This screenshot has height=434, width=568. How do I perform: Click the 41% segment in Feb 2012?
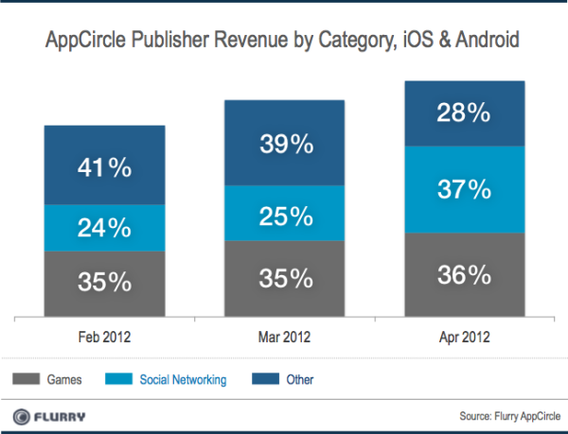(x=104, y=171)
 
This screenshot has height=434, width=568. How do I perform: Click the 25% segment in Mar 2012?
(x=285, y=214)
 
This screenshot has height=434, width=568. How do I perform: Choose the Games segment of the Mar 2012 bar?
(x=285, y=279)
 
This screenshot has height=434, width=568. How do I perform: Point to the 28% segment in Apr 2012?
(x=464, y=113)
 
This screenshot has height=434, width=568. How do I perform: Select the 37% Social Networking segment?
(x=464, y=189)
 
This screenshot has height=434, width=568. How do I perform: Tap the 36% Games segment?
(x=464, y=274)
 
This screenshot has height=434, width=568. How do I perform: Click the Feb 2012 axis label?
(x=104, y=336)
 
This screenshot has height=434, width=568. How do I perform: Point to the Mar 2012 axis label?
(x=285, y=336)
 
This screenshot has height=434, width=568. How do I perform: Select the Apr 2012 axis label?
(x=464, y=336)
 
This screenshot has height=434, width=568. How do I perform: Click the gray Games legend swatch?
(x=27, y=380)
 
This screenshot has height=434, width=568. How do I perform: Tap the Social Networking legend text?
(x=183, y=380)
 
